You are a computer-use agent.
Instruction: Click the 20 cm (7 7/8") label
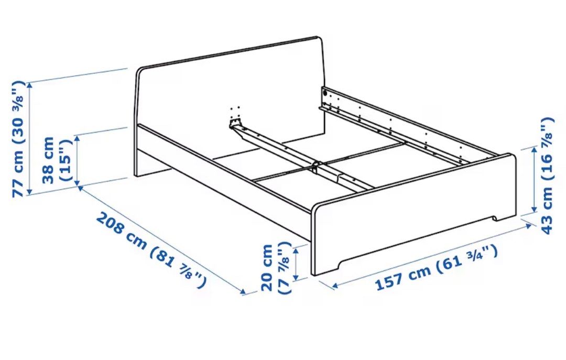click(x=275, y=267)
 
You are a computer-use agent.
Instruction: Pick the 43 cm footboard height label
click(x=547, y=176)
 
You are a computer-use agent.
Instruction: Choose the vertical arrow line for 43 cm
click(x=533, y=180)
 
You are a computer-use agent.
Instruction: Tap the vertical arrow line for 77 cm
click(x=30, y=138)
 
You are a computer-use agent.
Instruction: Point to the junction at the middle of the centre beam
click(x=314, y=167)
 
